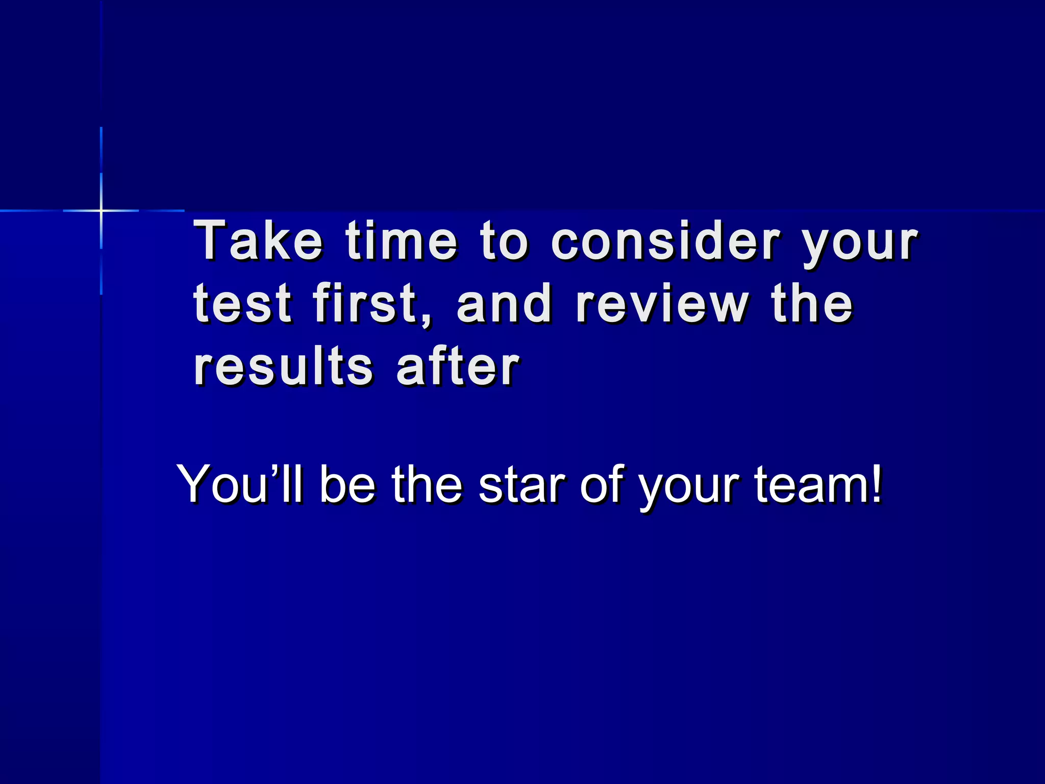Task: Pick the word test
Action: point(242,304)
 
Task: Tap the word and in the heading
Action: point(504,304)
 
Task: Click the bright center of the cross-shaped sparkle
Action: point(101,210)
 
